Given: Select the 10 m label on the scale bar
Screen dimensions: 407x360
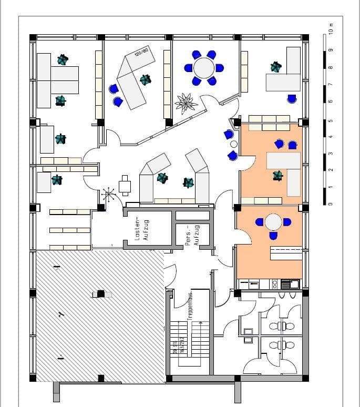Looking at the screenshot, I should click(x=330, y=29).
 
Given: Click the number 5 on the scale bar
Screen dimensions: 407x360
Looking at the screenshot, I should click(x=330, y=120).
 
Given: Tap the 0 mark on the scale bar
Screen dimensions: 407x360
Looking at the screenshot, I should click(x=330, y=204).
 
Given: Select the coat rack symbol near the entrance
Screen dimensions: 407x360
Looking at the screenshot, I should click(x=109, y=196).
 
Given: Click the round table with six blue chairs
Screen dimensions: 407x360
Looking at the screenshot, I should click(x=204, y=67).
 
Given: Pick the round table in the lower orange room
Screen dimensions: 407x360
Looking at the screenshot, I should click(x=273, y=222).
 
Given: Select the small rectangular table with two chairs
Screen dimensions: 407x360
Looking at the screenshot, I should click(x=125, y=185).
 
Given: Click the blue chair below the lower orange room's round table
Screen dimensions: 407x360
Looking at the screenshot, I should click(x=273, y=236).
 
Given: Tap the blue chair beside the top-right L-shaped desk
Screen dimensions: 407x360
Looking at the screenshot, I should click(x=292, y=98).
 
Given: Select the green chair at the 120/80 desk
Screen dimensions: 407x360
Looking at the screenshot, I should click(x=145, y=80).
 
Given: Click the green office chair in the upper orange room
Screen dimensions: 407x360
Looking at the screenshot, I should click(x=277, y=176).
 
